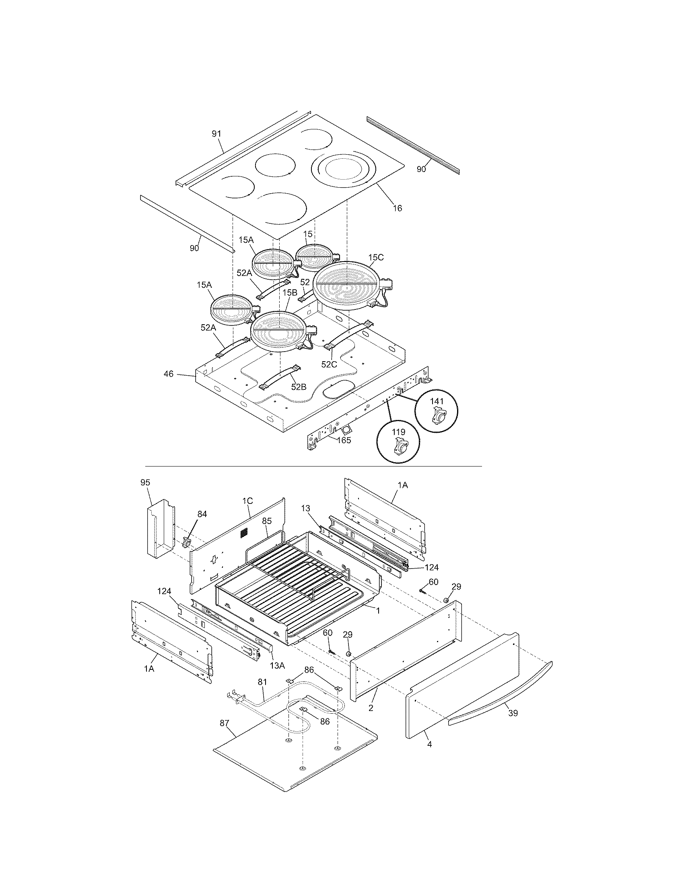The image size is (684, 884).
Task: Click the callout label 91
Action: click(217, 134)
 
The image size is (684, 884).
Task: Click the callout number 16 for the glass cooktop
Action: click(398, 208)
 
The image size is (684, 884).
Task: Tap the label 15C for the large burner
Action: click(376, 258)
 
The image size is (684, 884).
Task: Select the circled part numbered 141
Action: click(437, 411)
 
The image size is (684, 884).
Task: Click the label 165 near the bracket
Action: click(344, 440)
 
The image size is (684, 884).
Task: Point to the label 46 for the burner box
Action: click(169, 374)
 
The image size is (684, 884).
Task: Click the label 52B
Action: click(299, 387)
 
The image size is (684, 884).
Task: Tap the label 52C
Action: click(329, 364)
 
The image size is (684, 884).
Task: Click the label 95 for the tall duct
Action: click(145, 483)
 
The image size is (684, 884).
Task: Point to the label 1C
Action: click(247, 501)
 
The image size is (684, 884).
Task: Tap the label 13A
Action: click(277, 665)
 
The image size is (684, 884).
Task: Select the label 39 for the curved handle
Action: click(513, 713)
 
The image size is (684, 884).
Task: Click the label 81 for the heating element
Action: click(263, 681)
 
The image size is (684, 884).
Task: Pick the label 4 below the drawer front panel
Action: click(430, 744)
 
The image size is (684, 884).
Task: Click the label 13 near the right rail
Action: click(305, 508)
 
